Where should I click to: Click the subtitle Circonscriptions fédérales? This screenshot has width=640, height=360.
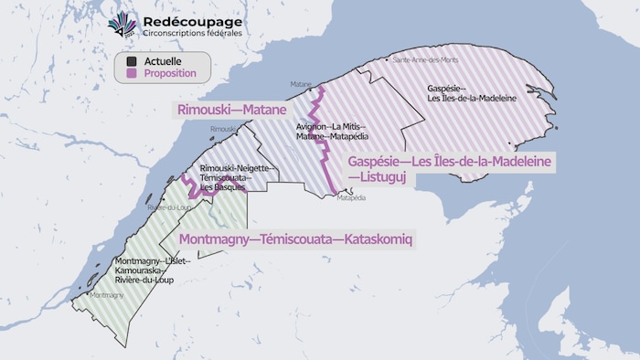pos(192,34)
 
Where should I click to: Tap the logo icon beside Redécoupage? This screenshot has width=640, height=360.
pos(122,26)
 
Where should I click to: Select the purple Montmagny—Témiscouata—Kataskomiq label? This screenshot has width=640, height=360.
pos(296,239)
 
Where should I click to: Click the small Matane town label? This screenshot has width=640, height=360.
pos(301,84)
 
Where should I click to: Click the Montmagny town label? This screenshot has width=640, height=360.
pos(107,295)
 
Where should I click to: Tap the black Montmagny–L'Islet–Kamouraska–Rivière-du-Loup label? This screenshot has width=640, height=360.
pos(151,270)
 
